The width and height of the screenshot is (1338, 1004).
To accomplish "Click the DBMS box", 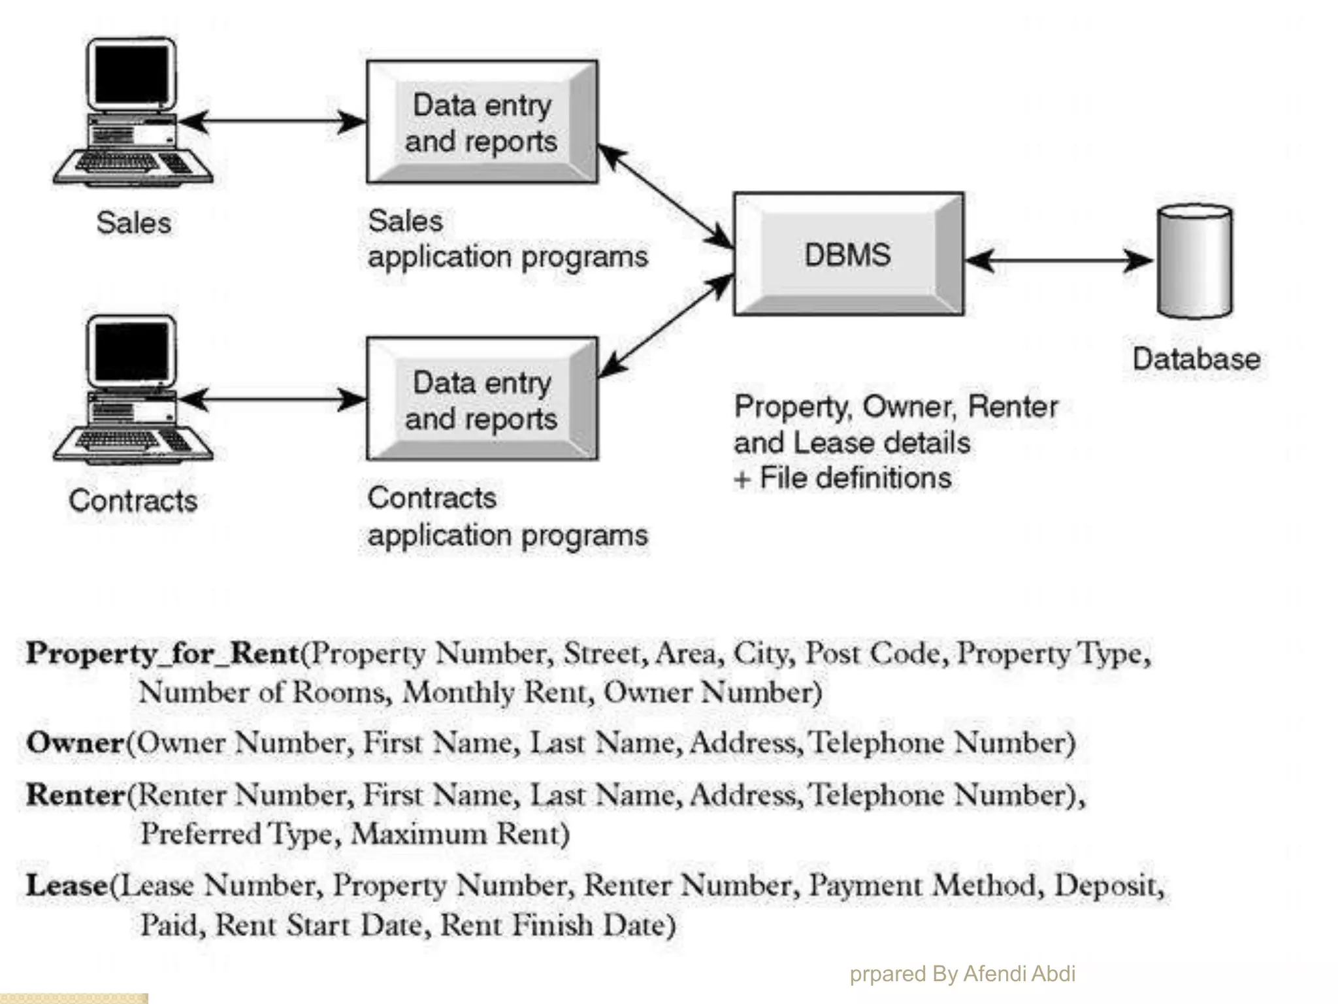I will coord(848,254).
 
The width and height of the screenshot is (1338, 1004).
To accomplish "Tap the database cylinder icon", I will coord(1195,261).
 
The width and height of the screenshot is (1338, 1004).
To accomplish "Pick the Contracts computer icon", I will coord(133,390).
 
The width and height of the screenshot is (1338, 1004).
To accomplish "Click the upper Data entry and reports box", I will coord(482,122).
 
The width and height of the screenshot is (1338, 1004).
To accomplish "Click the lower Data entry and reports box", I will coord(482,399).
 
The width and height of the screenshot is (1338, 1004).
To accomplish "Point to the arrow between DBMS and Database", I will coord(1058,261).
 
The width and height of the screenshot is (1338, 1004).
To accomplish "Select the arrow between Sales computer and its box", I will coord(272,122).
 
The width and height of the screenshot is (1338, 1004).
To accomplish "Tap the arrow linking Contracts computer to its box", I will coord(272,399).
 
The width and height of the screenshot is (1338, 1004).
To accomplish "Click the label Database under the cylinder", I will coord(1196,359).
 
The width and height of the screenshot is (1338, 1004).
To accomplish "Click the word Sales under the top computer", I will coord(134,222).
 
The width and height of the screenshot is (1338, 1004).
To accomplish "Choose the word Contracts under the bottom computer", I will coord(133,501).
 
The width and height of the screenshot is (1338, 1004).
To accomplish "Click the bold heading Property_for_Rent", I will coord(162,653).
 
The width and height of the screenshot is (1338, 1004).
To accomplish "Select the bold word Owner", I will coord(75,743).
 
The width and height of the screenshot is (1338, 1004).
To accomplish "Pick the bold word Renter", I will coord(76,795).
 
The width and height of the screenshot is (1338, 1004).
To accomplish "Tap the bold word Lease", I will coord(67,886).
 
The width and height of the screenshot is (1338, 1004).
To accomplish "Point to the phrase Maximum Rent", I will coord(460,834).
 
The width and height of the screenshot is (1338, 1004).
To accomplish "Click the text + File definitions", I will coord(843,478).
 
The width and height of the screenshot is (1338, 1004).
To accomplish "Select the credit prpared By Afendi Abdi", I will coord(962,973).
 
